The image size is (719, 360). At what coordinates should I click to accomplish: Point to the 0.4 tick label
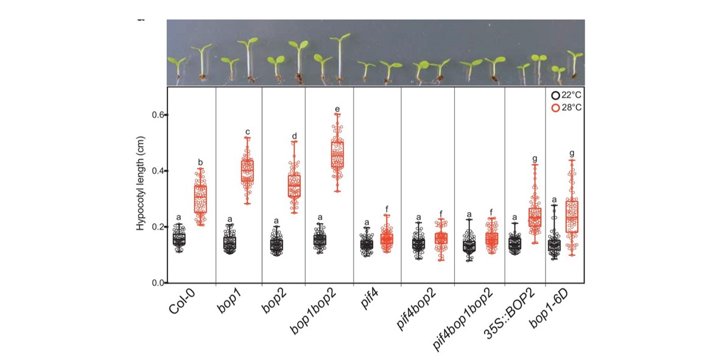click(x=156, y=171)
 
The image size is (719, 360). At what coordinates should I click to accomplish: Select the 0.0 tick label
click(x=156, y=283)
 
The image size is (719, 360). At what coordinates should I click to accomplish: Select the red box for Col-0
click(x=200, y=199)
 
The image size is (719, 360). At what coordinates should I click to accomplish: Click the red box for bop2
click(x=294, y=185)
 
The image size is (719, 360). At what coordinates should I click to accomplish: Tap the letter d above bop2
click(x=295, y=136)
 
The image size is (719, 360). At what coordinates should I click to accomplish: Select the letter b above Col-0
click(x=200, y=162)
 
